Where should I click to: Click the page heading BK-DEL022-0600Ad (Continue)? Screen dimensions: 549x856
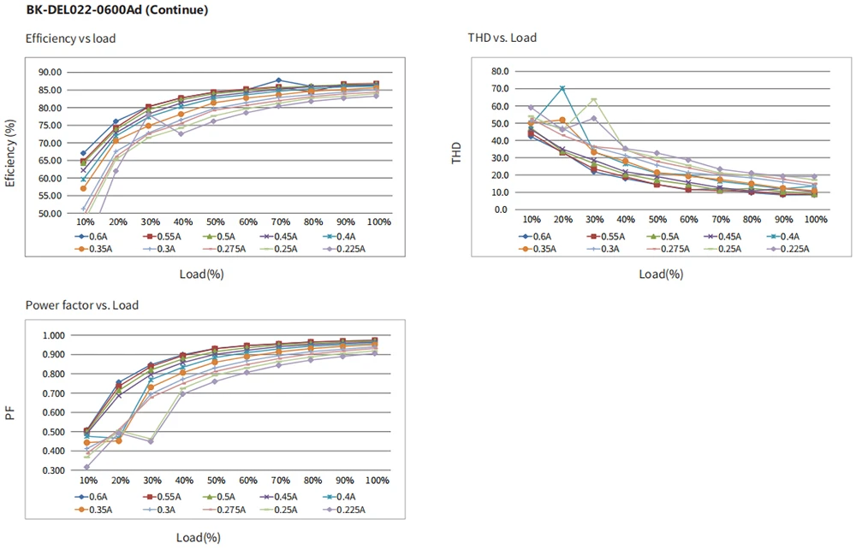[116, 11]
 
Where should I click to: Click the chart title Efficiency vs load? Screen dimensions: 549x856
[70, 38]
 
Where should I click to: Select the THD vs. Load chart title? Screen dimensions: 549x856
[502, 38]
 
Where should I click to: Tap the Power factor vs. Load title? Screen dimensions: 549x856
[82, 305]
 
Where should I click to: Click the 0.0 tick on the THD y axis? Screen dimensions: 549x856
[501, 210]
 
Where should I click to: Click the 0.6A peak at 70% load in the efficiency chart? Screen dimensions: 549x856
[278, 80]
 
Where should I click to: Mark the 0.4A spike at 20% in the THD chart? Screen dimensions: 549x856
[562, 88]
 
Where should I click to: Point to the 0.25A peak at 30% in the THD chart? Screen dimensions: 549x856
[594, 100]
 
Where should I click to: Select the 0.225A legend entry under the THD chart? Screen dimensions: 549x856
[792, 249]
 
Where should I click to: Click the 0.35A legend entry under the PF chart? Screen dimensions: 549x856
[93, 509]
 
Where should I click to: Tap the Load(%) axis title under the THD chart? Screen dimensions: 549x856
[662, 274]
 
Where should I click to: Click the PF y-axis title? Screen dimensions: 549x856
[10, 414]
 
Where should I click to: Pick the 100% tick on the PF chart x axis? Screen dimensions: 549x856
[377, 481]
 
